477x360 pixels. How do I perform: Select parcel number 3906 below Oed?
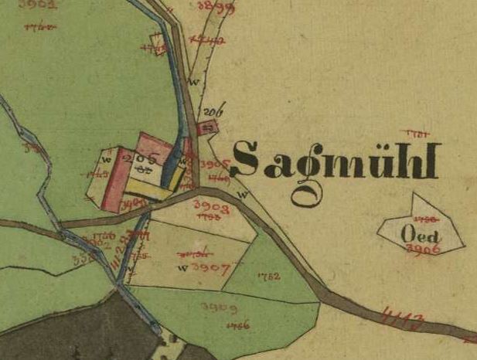[x=422, y=249]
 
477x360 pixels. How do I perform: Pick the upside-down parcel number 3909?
[x=220, y=307]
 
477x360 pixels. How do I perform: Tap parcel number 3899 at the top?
[x=211, y=8]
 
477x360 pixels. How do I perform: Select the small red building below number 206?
[x=205, y=128]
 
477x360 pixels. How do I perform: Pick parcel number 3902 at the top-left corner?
[x=40, y=4]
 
